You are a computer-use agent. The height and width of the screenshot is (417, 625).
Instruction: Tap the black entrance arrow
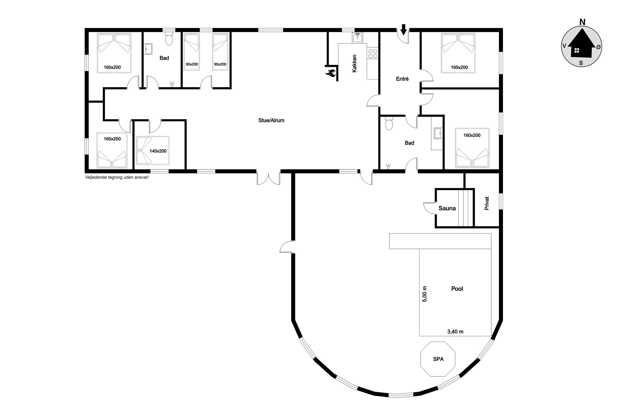click(x=403, y=29)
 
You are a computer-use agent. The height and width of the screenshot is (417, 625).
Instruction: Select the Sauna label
click(x=447, y=208)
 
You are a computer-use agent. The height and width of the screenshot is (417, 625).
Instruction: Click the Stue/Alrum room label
click(x=271, y=120)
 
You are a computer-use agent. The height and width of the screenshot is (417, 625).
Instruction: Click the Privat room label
click(x=487, y=203)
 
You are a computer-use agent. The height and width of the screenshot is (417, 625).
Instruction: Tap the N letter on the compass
click(x=582, y=22)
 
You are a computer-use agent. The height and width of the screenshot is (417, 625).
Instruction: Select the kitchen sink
click(x=357, y=38)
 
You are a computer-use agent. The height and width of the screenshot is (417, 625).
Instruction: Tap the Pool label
click(x=457, y=289)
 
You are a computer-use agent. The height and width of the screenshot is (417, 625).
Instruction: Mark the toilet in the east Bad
click(x=389, y=123)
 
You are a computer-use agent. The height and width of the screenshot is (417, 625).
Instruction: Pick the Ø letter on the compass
click(x=598, y=47)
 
